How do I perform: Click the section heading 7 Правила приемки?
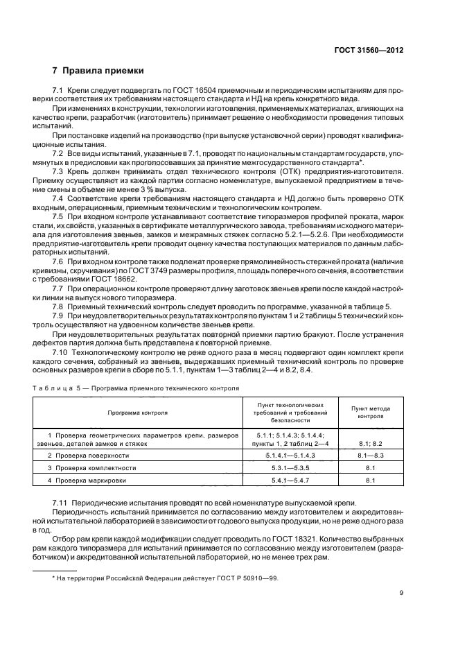98,71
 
